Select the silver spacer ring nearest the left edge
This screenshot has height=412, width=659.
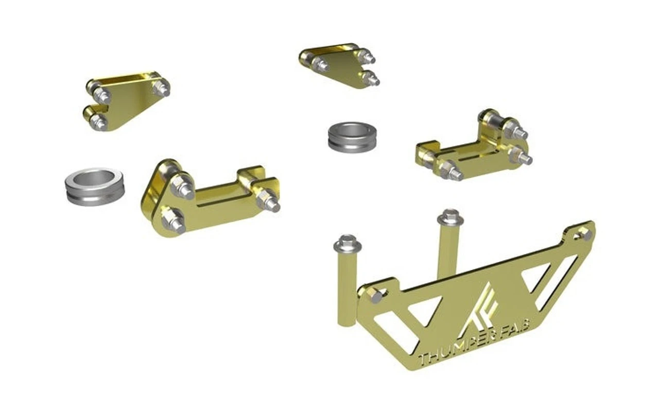(94, 185)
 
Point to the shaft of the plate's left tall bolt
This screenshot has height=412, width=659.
(347, 288)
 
